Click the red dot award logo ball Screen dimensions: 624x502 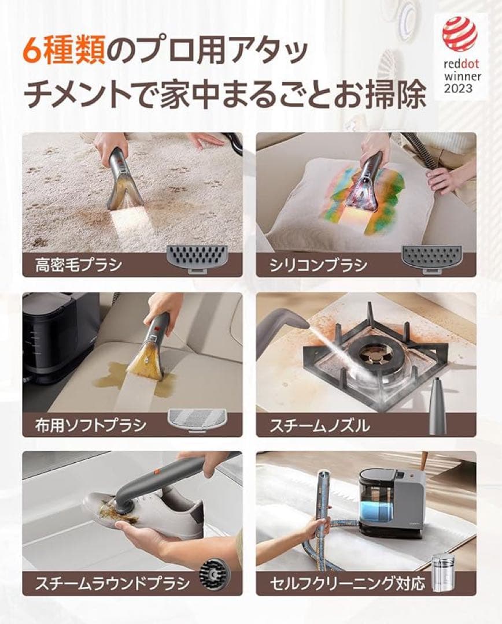[460, 34]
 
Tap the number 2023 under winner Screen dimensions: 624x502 [459, 88]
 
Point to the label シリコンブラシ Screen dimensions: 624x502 [318, 265]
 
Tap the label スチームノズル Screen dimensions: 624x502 [319, 426]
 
